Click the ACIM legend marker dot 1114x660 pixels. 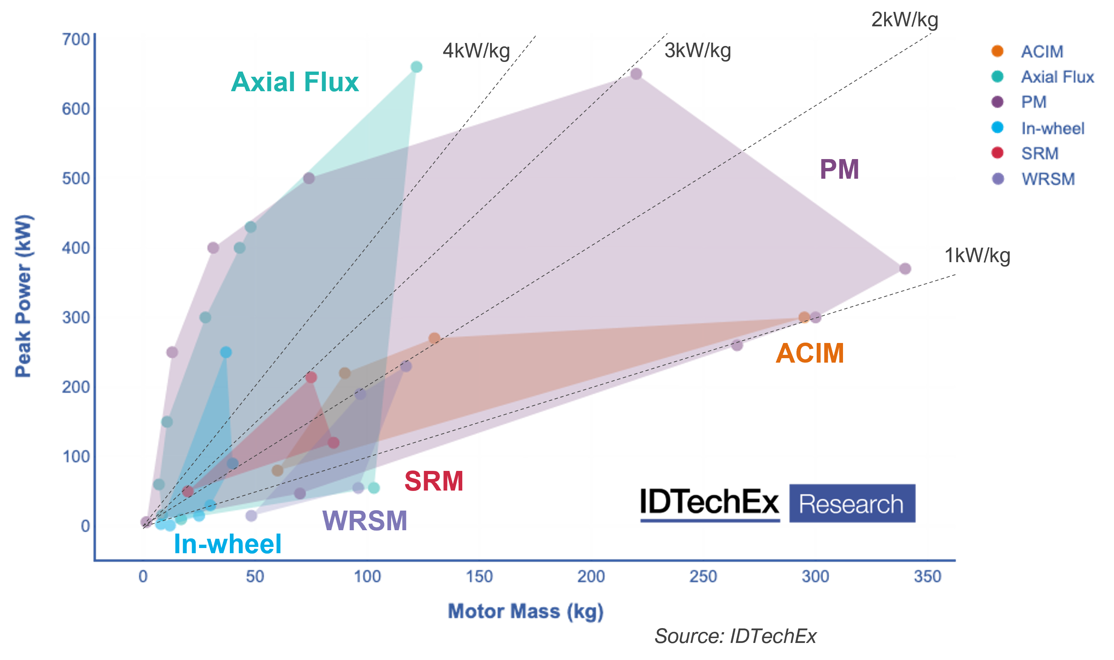(x=998, y=51)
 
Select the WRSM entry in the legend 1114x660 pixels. (x=1047, y=179)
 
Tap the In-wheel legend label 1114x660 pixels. (x=1053, y=128)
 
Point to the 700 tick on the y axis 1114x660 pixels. (x=76, y=40)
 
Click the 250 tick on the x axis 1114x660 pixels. (x=703, y=577)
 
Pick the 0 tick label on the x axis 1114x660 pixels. (x=143, y=577)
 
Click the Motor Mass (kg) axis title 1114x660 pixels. (x=525, y=611)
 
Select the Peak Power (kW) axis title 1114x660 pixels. (x=23, y=296)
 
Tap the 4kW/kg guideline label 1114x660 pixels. (x=476, y=51)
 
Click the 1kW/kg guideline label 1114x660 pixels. (x=978, y=256)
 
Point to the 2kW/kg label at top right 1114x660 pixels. (x=905, y=20)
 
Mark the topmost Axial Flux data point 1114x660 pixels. (x=416, y=67)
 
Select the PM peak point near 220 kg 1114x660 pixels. (x=636, y=73)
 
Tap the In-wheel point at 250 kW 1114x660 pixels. (x=226, y=352)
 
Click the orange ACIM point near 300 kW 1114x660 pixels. (x=804, y=317)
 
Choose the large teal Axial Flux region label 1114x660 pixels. (x=295, y=82)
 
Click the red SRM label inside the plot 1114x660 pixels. (x=433, y=481)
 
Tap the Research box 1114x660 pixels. (x=852, y=504)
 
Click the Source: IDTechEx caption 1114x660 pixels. (x=735, y=636)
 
